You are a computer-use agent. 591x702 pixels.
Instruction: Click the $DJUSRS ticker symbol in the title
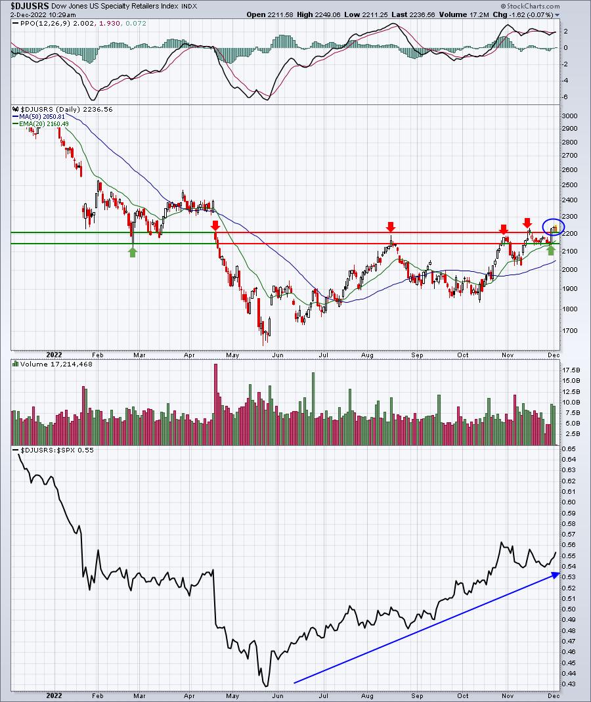[30, 7]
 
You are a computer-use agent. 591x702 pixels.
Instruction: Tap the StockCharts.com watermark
[530, 7]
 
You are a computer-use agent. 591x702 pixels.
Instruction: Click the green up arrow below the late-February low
[133, 252]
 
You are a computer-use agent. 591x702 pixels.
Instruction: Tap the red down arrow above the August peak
[391, 226]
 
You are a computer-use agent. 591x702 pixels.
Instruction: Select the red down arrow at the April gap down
[216, 225]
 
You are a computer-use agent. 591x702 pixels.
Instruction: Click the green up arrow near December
[551, 250]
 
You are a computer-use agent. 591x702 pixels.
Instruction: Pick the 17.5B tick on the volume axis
[571, 370]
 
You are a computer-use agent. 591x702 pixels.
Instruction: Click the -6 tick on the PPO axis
[566, 97]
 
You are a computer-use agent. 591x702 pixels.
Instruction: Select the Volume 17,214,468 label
[56, 364]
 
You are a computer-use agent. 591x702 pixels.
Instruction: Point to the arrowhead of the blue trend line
[559, 573]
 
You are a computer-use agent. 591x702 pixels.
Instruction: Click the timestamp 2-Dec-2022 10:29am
[43, 14]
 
